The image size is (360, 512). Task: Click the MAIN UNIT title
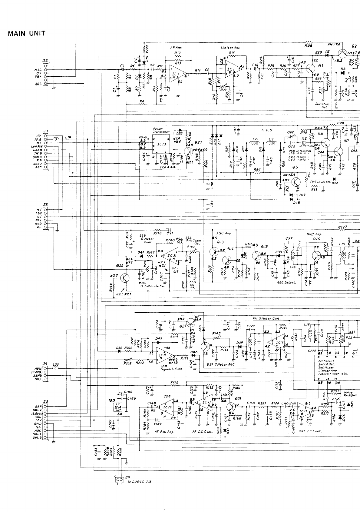coord(27,34)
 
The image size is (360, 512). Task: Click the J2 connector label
coord(45,61)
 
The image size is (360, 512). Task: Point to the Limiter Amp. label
coord(230,48)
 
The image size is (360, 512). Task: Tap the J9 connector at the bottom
coord(120,480)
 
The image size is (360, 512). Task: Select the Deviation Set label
coord(322,105)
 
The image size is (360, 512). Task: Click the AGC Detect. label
coord(286,282)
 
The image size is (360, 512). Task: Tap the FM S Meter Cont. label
coord(266,318)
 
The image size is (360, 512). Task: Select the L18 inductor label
coord(68,137)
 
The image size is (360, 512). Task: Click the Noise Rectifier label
coord(351,394)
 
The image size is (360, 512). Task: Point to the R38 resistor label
coord(308,45)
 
